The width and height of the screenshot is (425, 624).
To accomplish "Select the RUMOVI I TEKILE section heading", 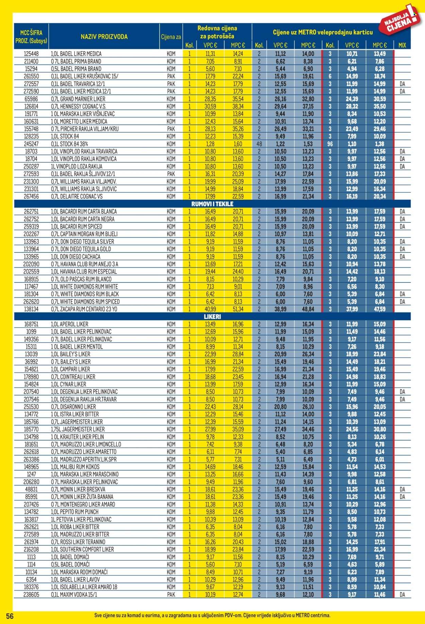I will point(213,204).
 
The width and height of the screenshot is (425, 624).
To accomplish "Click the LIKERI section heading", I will point(213,316).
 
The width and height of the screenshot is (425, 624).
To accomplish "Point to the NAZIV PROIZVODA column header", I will point(104,36).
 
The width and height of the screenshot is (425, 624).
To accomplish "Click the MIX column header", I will point(402,45).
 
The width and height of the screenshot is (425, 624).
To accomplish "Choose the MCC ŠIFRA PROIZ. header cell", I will point(31,36).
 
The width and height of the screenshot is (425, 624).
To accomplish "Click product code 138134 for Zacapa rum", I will point(31,309).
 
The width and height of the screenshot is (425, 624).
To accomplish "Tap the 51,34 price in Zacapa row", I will point(238,309).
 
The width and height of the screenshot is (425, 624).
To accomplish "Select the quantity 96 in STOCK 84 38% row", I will point(330,144).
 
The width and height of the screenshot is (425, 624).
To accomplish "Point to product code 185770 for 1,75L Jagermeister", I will point(31,429).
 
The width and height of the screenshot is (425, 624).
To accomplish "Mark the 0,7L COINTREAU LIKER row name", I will point(73,377).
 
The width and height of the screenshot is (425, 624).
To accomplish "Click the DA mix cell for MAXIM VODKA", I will point(402,594).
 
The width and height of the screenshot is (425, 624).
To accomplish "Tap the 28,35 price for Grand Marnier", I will point(210,99).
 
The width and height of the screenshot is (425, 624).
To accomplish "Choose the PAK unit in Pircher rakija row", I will point(171,129).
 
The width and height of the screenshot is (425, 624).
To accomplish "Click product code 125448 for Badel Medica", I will point(31,54).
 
